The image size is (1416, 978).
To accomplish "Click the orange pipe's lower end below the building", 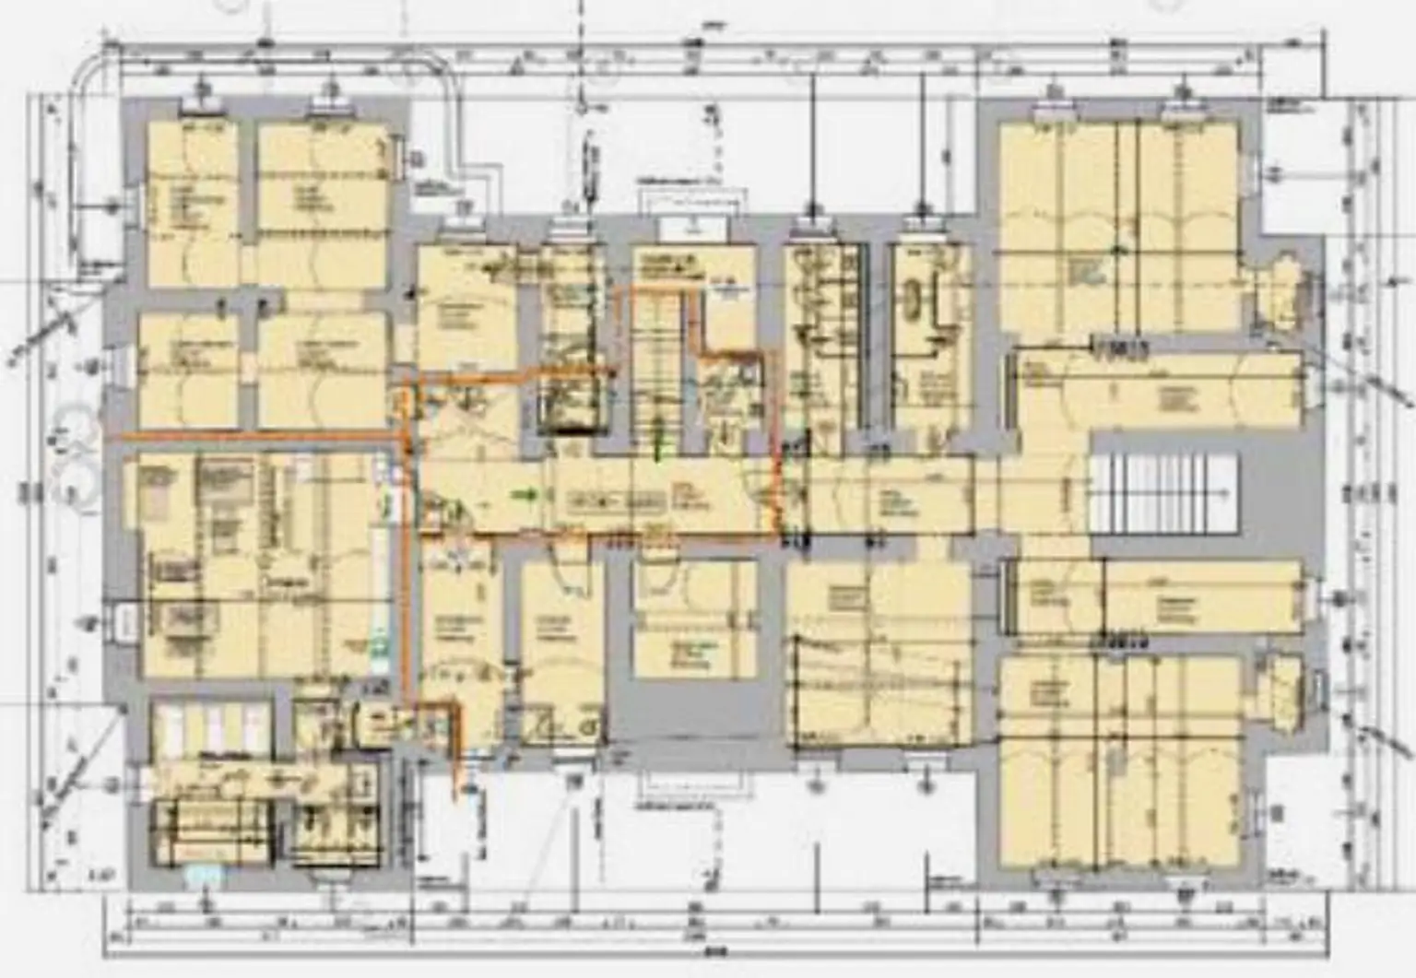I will (x=454, y=795).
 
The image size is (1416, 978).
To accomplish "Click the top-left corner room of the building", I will (x=192, y=203).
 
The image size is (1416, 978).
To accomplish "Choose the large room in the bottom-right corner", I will (x=1119, y=760).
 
